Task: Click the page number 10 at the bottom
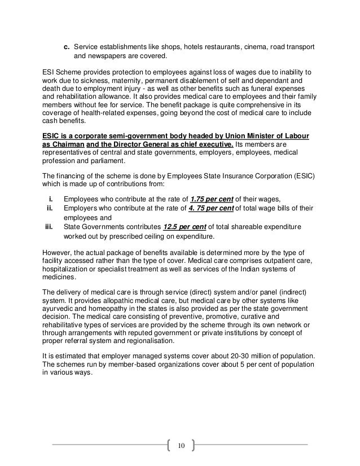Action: tap(181, 446)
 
